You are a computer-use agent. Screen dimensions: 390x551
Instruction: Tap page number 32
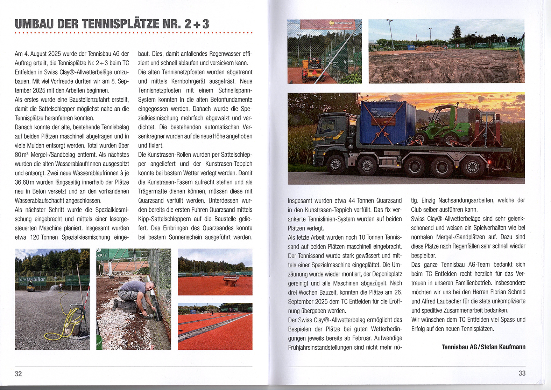point(18,374)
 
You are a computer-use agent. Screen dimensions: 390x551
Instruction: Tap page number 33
point(522,373)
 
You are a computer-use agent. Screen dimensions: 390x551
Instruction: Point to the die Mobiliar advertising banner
point(32,279)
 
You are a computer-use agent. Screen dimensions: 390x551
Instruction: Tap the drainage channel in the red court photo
point(213,326)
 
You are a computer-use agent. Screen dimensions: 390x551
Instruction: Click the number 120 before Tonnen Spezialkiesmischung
point(35,237)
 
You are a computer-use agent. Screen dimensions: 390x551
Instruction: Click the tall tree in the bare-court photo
point(457,33)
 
